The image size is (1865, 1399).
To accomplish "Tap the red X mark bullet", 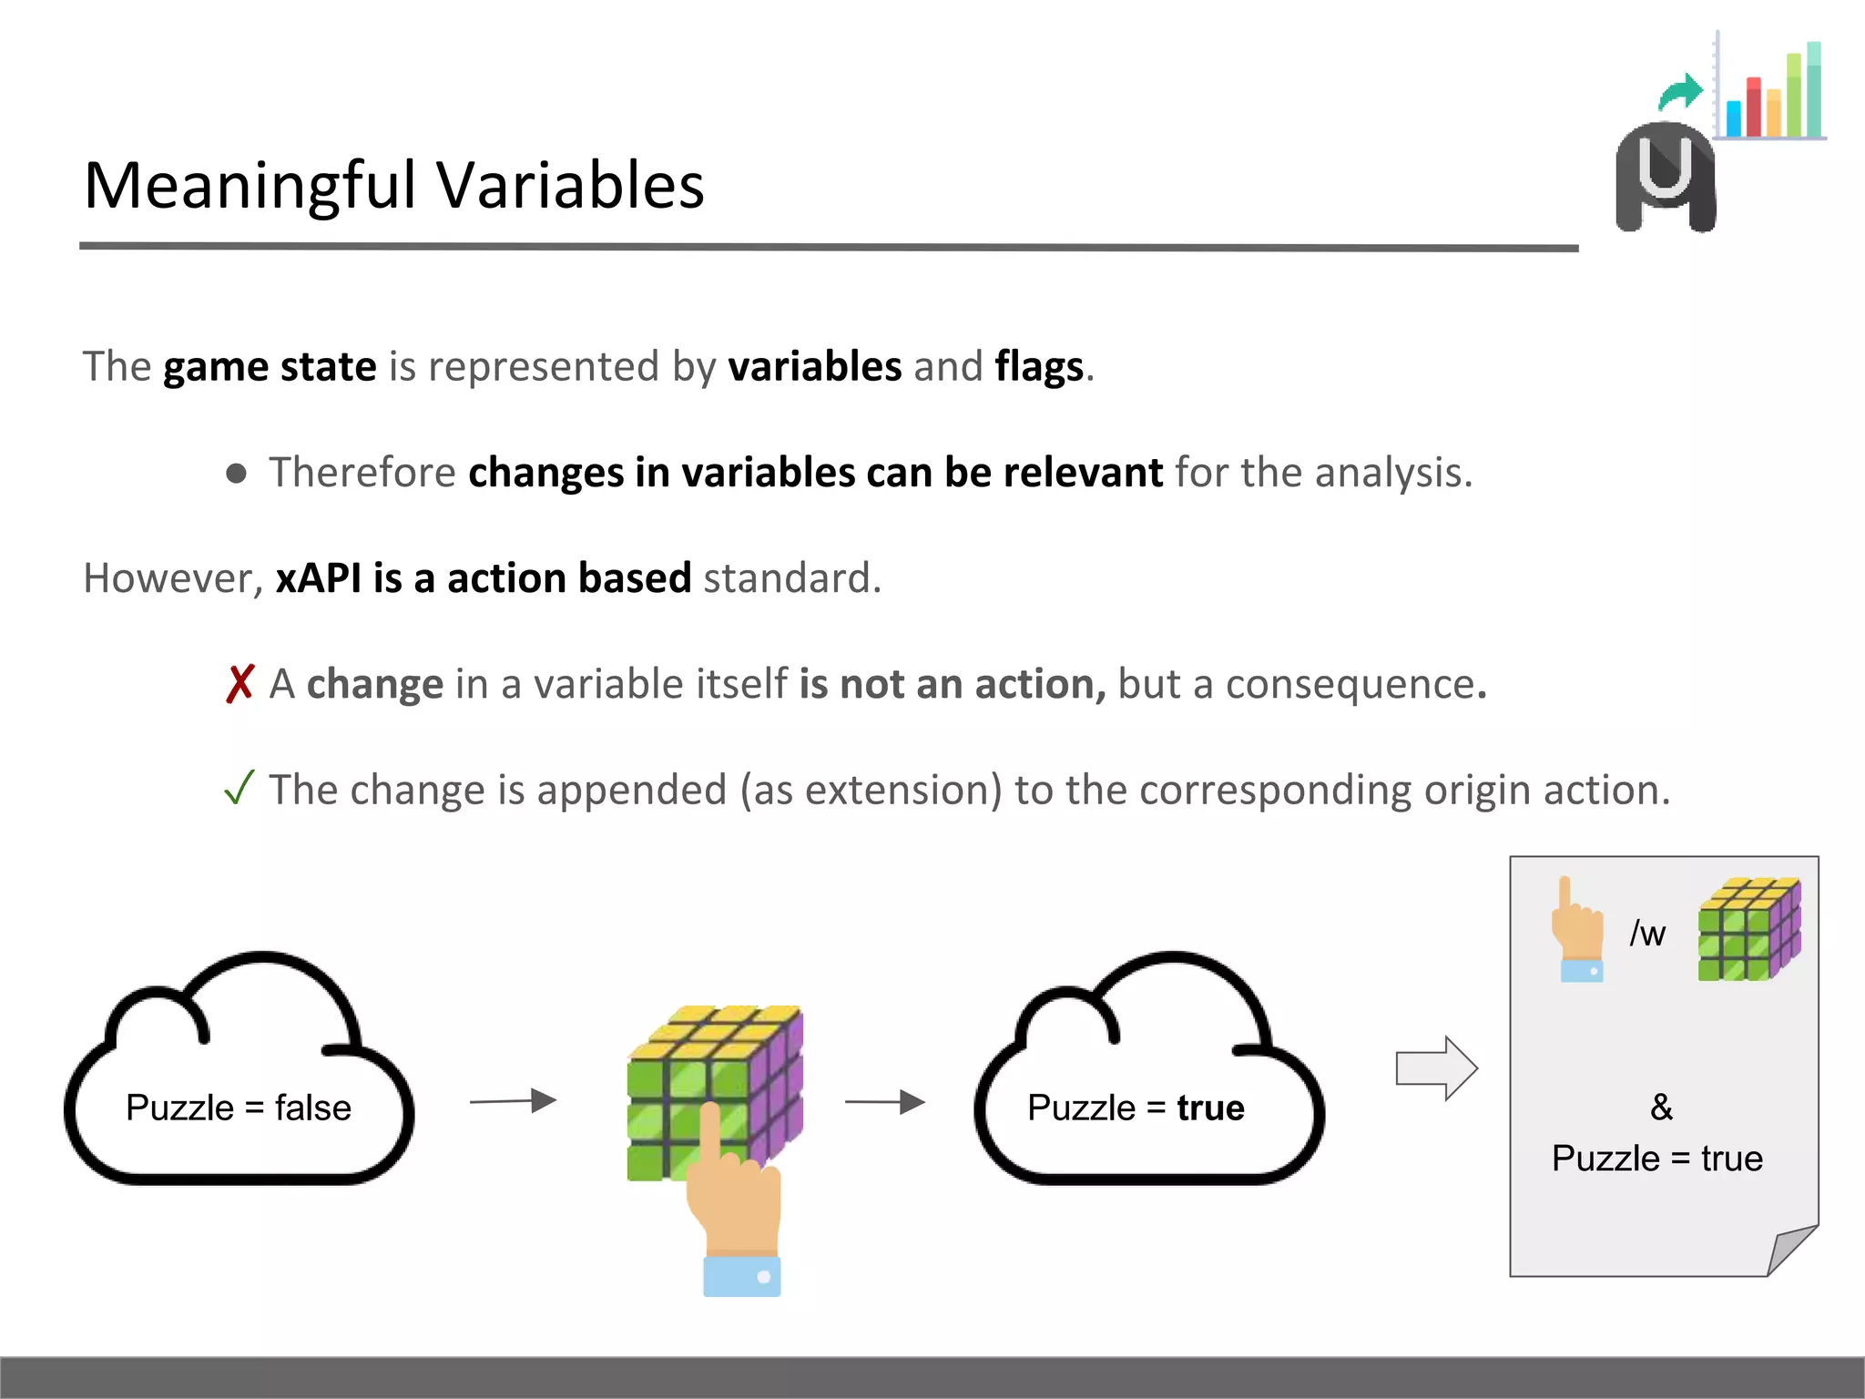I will (239, 684).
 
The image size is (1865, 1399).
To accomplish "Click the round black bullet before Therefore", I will (237, 473).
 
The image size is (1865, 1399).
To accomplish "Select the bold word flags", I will (1039, 367).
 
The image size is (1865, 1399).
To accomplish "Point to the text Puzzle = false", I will (239, 1108).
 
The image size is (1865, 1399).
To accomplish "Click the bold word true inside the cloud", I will (1210, 1108).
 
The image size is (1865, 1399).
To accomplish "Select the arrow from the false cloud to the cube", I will (513, 1101).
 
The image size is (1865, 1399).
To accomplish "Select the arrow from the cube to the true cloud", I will (885, 1102).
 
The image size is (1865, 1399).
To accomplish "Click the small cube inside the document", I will (1748, 930).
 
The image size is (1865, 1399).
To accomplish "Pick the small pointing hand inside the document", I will (1579, 930).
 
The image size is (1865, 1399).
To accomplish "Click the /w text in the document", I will (1647, 934).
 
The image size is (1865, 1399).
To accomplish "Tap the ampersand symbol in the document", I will (1661, 1108).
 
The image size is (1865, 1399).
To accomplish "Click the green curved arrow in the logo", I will (1680, 92).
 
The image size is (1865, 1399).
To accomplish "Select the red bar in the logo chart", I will (1753, 107).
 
